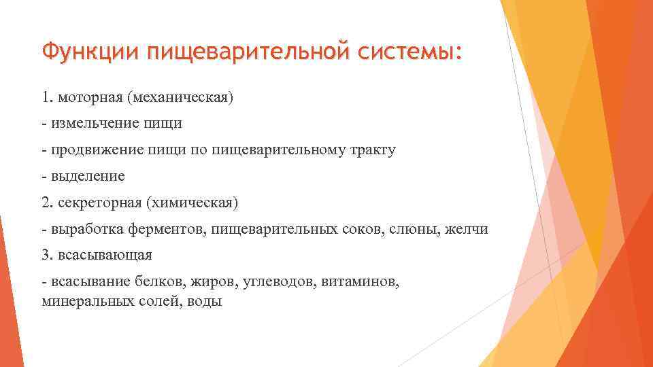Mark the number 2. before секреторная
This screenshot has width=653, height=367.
point(48,203)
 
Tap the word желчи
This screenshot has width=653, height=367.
point(467,229)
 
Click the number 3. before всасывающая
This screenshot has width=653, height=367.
point(48,256)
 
